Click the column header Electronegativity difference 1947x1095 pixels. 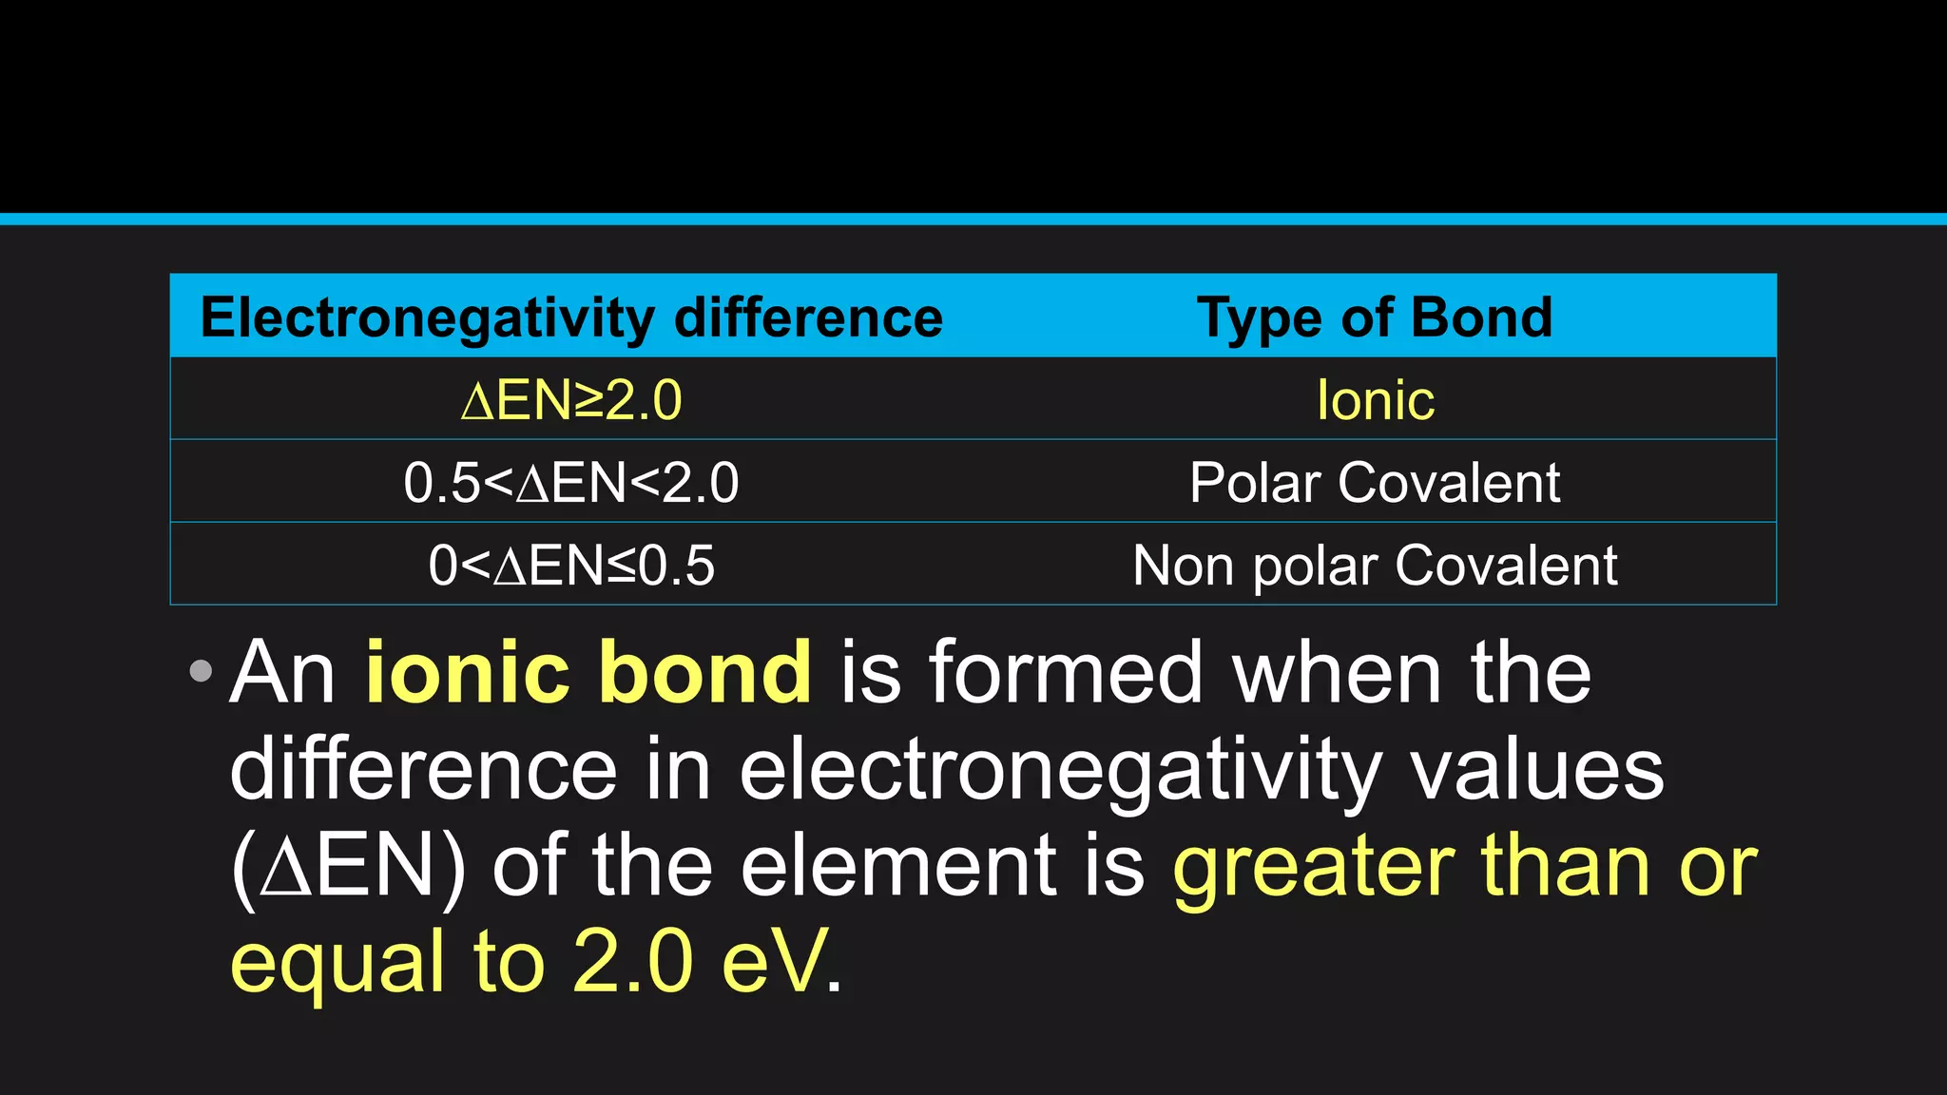tap(571, 317)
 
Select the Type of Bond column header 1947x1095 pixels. tap(1375, 317)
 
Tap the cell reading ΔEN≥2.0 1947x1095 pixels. tap(571, 400)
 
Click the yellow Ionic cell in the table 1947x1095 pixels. tap(1375, 400)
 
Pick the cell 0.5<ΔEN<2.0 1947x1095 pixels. tap(571, 483)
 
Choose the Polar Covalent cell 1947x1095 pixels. tap(1375, 483)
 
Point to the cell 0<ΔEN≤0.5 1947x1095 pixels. tap(571, 566)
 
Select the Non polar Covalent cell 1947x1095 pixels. tap(1375, 566)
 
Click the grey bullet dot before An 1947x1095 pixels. tap(201, 672)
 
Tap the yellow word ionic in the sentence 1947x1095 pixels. tap(467, 672)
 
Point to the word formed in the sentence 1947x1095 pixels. tap(1066, 672)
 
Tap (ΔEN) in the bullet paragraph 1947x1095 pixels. tap(348, 867)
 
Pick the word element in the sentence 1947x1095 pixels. tap(898, 867)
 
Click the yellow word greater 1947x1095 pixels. tap(1313, 867)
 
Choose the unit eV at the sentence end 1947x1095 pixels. tap(772, 962)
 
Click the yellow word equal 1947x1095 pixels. tap(337, 962)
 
